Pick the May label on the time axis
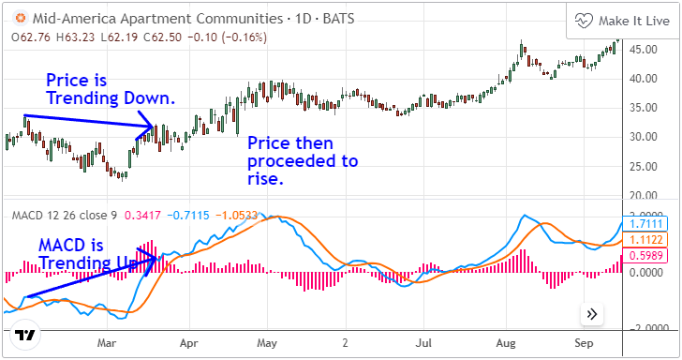pos(268,343)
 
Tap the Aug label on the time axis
pos(507,343)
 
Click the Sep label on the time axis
pos(584,343)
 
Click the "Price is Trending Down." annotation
pos(111,89)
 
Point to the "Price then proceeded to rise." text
pos(302,160)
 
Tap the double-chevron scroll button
pos(591,314)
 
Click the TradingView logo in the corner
pos(26,335)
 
